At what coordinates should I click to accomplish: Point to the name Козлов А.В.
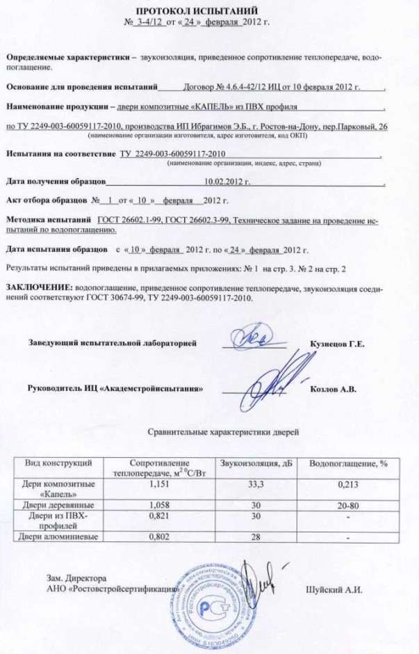(x=333, y=389)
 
